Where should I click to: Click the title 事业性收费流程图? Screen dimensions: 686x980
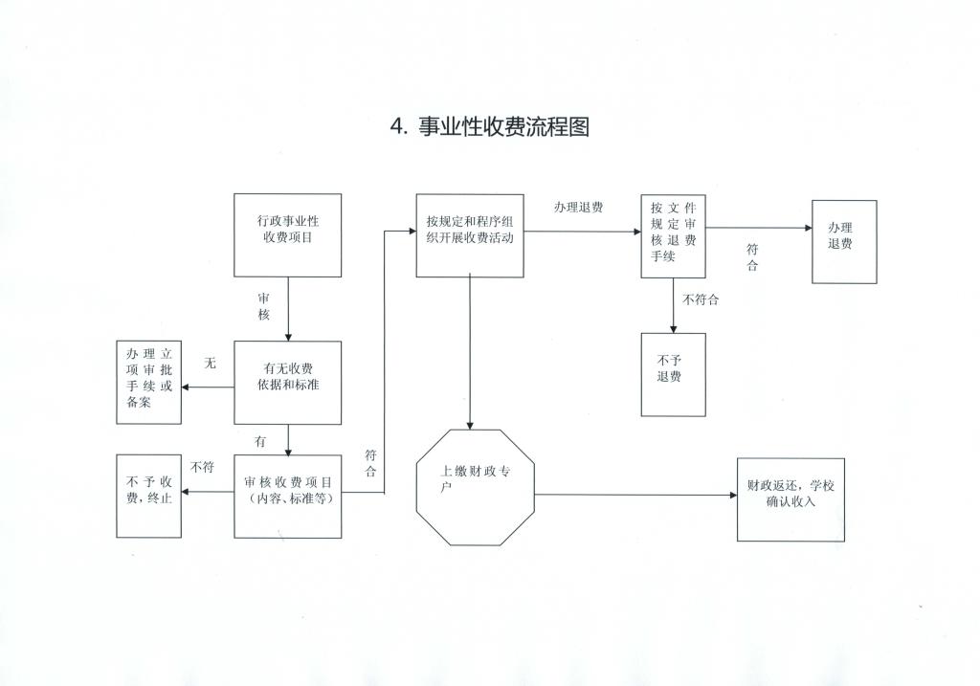tap(502, 126)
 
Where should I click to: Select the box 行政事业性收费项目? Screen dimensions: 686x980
tap(287, 235)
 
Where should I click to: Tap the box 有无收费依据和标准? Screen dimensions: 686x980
tap(287, 382)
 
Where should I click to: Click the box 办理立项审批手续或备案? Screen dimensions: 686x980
tap(148, 382)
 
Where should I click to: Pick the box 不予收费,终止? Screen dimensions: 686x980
tap(148, 496)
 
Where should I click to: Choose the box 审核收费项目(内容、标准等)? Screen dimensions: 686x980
tap(287, 496)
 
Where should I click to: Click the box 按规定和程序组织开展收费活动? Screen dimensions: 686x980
tap(469, 235)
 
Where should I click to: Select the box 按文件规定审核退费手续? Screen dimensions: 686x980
tap(673, 235)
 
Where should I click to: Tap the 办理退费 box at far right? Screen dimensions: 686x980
tap(843, 241)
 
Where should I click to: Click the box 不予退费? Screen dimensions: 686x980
tap(673, 373)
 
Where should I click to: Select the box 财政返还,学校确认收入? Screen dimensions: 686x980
tap(791, 498)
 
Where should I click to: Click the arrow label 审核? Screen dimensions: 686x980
tap(264, 306)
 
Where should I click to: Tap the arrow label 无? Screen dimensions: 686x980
tap(211, 365)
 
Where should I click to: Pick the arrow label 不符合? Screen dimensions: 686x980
tap(701, 299)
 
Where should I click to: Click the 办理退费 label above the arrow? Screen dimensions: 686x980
tap(578, 207)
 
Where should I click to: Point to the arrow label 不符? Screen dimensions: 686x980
tap(202, 467)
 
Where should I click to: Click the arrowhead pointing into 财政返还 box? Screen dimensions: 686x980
tap(730, 496)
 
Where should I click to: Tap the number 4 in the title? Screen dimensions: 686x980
tap(397, 127)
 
